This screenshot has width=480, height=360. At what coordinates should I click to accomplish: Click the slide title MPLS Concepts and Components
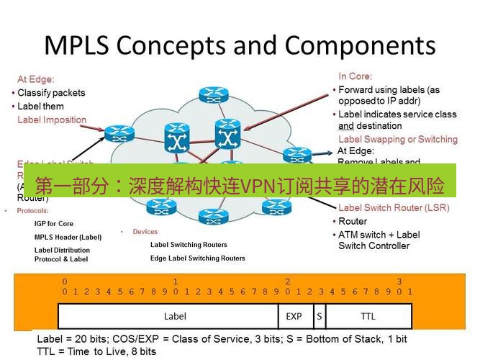click(240, 45)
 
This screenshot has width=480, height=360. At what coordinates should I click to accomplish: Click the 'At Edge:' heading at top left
click(36, 79)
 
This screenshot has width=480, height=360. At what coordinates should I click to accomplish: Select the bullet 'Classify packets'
click(50, 93)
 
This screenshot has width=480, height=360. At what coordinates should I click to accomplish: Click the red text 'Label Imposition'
click(52, 120)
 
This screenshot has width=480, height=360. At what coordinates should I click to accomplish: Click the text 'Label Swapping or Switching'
click(397, 139)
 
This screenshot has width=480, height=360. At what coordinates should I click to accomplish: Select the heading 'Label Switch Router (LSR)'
click(394, 208)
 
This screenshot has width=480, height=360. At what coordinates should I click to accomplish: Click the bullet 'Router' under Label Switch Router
click(353, 221)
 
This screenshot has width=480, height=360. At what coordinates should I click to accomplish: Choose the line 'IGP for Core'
click(54, 224)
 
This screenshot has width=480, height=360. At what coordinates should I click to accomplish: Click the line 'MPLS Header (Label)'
click(68, 237)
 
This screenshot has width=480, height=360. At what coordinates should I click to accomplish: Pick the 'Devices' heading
click(145, 232)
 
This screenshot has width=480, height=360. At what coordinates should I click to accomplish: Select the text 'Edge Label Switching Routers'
click(197, 258)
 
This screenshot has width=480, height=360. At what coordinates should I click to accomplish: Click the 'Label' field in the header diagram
click(175, 316)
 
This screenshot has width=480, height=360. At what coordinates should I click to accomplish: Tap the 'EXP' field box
click(294, 316)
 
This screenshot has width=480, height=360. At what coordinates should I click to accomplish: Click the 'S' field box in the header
click(318, 316)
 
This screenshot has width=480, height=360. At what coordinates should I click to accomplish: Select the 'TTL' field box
click(368, 316)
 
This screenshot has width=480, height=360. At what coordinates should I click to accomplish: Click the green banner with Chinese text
click(240, 181)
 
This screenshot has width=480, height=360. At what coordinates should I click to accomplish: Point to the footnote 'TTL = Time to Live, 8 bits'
click(96, 351)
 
